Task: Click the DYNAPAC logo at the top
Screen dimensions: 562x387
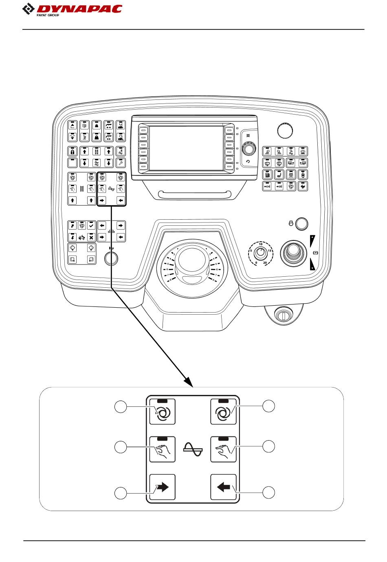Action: [72, 9]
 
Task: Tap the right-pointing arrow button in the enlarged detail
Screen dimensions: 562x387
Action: [162, 487]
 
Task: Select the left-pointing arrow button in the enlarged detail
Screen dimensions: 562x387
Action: [224, 487]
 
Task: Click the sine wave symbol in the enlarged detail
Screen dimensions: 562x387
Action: [193, 450]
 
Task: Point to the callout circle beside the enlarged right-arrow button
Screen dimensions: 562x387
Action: [120, 493]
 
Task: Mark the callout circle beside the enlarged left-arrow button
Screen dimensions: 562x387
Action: [268, 492]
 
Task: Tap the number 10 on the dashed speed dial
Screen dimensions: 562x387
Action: [260, 245]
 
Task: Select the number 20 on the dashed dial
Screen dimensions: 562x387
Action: [265, 263]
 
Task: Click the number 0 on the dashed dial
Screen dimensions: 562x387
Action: [256, 263]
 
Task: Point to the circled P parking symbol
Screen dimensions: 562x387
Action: [315, 253]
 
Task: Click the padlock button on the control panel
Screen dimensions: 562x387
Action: [72, 151]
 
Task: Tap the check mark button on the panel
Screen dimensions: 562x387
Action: [91, 225]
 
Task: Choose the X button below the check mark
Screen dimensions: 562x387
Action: [91, 237]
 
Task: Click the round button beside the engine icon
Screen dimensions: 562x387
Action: [301, 223]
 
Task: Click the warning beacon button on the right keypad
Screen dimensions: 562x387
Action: [303, 151]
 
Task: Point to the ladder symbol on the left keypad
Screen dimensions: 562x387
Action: [81, 189]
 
